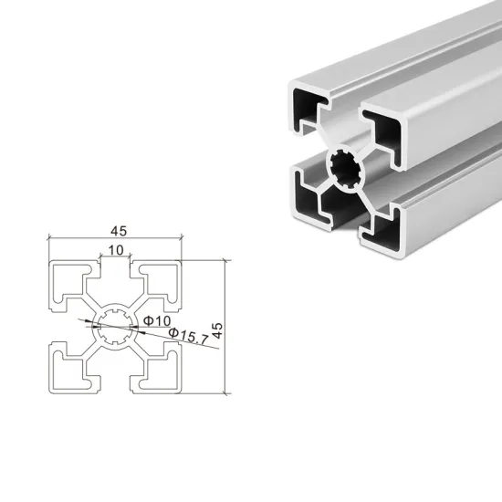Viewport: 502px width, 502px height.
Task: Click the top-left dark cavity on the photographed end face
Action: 306,110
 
